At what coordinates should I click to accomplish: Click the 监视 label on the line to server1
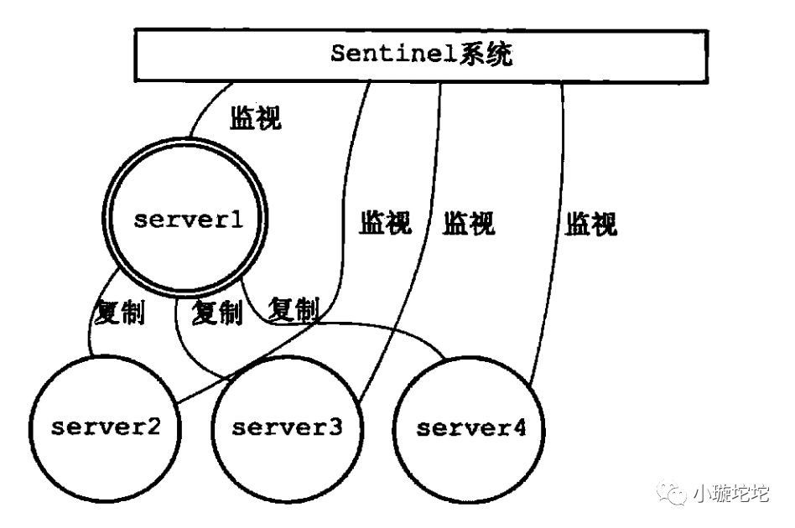(256, 118)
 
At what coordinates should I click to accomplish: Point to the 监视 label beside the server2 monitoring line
(386, 223)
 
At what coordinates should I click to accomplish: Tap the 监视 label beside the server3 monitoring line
(469, 223)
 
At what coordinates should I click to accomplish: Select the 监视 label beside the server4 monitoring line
(590, 224)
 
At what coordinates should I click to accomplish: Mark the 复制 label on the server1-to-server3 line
(216, 313)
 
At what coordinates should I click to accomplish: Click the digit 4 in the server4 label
(519, 428)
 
